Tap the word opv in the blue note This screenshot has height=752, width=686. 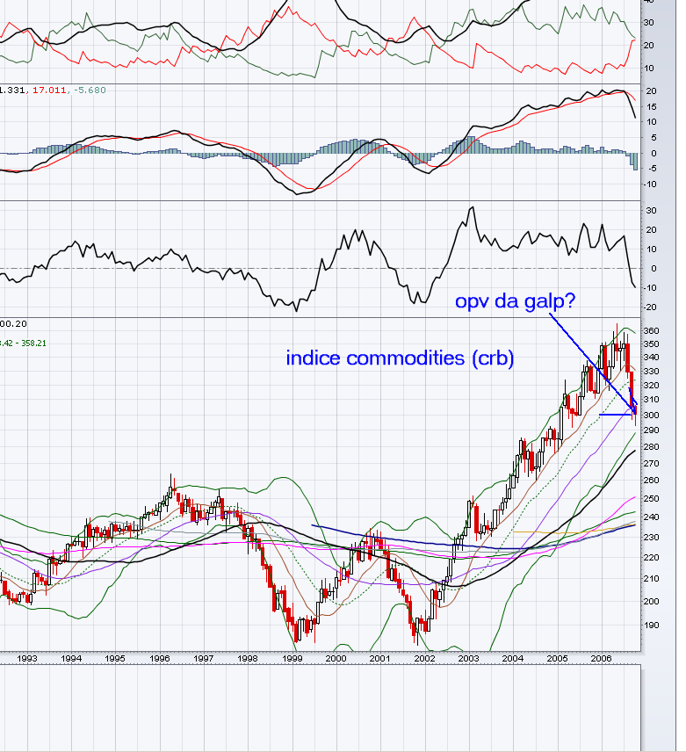coord(472,302)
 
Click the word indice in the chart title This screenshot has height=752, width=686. coord(312,358)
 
